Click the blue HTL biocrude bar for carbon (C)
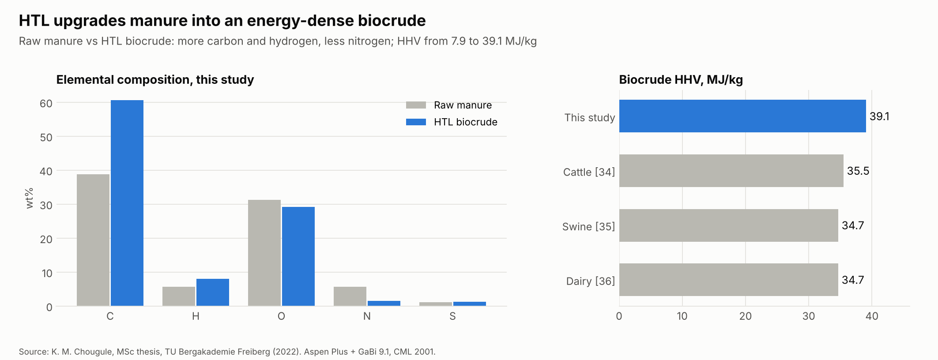[x=127, y=203]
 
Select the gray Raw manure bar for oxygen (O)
[x=264, y=253]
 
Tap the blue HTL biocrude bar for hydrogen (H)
[x=213, y=292]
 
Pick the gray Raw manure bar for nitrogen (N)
[x=350, y=296]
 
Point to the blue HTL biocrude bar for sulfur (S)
[x=470, y=304]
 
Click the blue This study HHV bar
[x=742, y=116]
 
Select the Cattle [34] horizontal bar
[x=731, y=171]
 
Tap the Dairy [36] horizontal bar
[x=729, y=280]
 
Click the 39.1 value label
[x=879, y=116]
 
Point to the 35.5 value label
[x=858, y=171]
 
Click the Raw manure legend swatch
[x=416, y=105]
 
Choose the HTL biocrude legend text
[x=466, y=122]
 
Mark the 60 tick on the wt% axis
[x=46, y=104]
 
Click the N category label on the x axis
[x=367, y=316]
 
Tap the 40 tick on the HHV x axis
[x=872, y=316]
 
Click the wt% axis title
[x=30, y=198]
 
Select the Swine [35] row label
[x=588, y=227]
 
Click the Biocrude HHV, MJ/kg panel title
[x=681, y=80]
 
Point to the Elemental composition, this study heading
[x=155, y=80]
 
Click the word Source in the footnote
[x=34, y=352]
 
